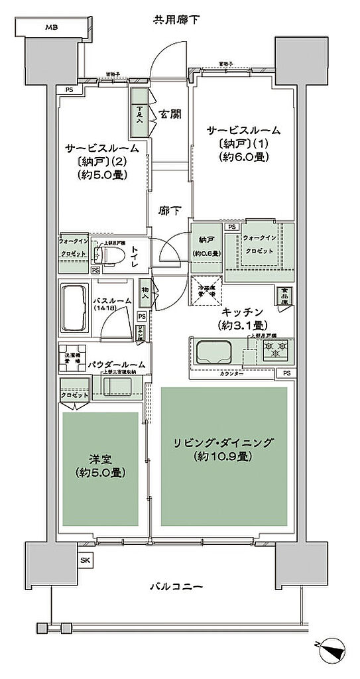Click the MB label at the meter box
(x=50, y=28)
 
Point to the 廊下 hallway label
(x=170, y=210)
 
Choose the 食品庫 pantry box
(x=283, y=295)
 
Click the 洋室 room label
(x=99, y=458)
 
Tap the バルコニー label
(x=175, y=586)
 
